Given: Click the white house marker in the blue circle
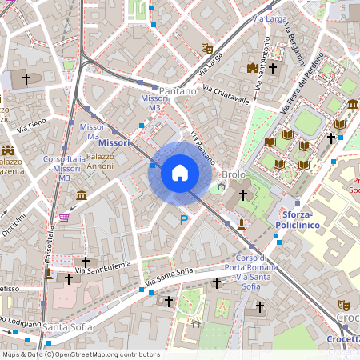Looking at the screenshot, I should point(180,173).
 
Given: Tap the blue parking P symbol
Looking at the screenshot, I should point(184,220).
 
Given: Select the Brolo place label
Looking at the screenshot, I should point(234,174).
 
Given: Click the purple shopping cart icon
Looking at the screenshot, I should point(64,217).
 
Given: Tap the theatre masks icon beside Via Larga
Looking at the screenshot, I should point(206,48).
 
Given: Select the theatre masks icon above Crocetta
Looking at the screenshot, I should point(344,304).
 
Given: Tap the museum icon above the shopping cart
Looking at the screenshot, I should point(81,195).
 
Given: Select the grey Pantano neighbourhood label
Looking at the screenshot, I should point(178,91).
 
